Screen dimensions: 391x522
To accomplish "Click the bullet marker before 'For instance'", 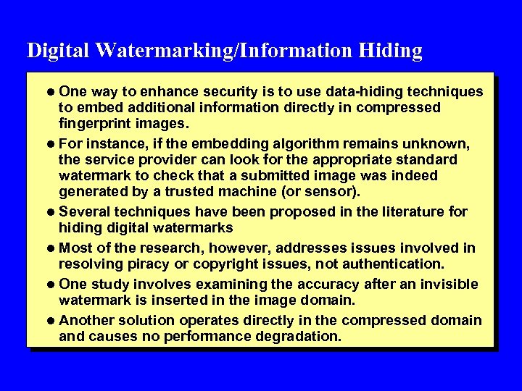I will coord(50,143).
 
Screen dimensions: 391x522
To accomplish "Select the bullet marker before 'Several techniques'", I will coord(50,212).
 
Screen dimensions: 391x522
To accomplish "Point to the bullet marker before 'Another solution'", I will coord(50,320).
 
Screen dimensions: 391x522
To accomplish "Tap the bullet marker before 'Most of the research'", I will coord(50,248).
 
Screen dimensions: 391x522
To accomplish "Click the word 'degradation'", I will coord(281,337).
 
